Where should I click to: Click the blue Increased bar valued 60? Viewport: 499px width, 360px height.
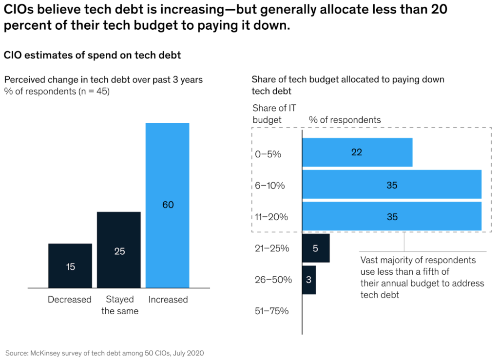(x=168, y=205)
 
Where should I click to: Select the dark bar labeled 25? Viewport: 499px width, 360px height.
(x=119, y=249)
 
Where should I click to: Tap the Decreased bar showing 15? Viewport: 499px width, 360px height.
(x=70, y=265)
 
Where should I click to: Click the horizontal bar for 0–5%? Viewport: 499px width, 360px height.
(x=357, y=152)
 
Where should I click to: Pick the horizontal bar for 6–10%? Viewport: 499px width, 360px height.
(x=392, y=185)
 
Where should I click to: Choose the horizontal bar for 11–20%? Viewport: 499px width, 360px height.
(x=392, y=216)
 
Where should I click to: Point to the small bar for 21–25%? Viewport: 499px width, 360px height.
(x=316, y=248)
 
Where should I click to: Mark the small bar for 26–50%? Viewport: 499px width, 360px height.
(x=309, y=280)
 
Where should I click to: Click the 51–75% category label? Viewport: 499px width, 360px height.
(x=271, y=311)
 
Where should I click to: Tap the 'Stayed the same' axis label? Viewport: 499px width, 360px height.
(x=120, y=305)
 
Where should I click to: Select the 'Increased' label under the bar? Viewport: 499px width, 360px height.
(x=168, y=300)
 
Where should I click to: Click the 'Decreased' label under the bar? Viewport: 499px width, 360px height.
(x=70, y=300)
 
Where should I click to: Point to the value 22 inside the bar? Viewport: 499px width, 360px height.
(x=357, y=152)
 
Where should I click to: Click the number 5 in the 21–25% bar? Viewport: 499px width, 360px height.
(x=315, y=248)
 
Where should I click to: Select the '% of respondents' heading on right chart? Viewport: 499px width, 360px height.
(x=345, y=120)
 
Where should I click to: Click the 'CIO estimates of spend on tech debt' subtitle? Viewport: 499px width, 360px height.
(x=93, y=56)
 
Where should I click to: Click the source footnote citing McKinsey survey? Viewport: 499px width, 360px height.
(x=104, y=352)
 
